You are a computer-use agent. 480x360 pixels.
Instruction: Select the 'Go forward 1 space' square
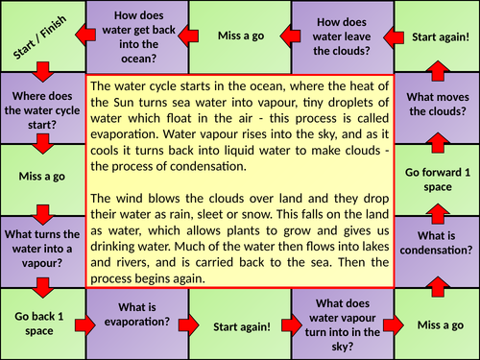(x=437, y=178)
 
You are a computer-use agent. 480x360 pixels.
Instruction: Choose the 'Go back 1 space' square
(x=42, y=324)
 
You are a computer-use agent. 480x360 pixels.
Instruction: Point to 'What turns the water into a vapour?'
(x=42, y=250)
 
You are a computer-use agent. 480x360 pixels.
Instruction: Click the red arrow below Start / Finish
(x=42, y=73)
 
